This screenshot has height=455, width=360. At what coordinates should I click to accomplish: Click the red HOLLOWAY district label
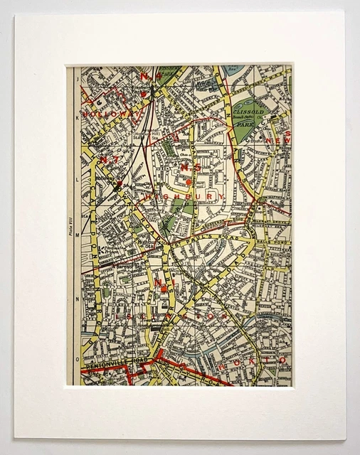click(105, 113)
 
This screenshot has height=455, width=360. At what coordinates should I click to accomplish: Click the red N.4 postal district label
click(148, 76)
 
